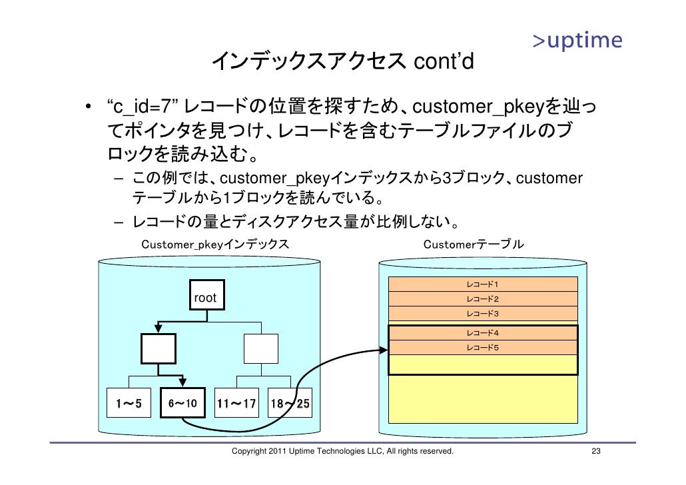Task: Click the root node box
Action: [x=205, y=298]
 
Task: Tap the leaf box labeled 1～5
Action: [x=128, y=403]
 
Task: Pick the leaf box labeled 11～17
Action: [x=236, y=403]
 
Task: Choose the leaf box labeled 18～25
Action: [x=289, y=403]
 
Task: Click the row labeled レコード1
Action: [x=483, y=284]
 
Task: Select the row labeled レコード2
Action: [x=483, y=299]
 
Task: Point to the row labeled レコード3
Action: [x=483, y=314]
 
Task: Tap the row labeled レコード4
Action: [x=483, y=332]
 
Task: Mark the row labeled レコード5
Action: [x=483, y=347]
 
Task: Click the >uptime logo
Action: [x=577, y=41]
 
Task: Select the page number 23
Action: [x=597, y=452]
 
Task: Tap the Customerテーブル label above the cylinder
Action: [x=474, y=244]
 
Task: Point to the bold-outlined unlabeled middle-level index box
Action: [x=159, y=348]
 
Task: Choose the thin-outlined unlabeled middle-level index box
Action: [x=261, y=348]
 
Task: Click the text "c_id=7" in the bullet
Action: [x=141, y=107]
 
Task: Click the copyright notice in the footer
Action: [x=342, y=452]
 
